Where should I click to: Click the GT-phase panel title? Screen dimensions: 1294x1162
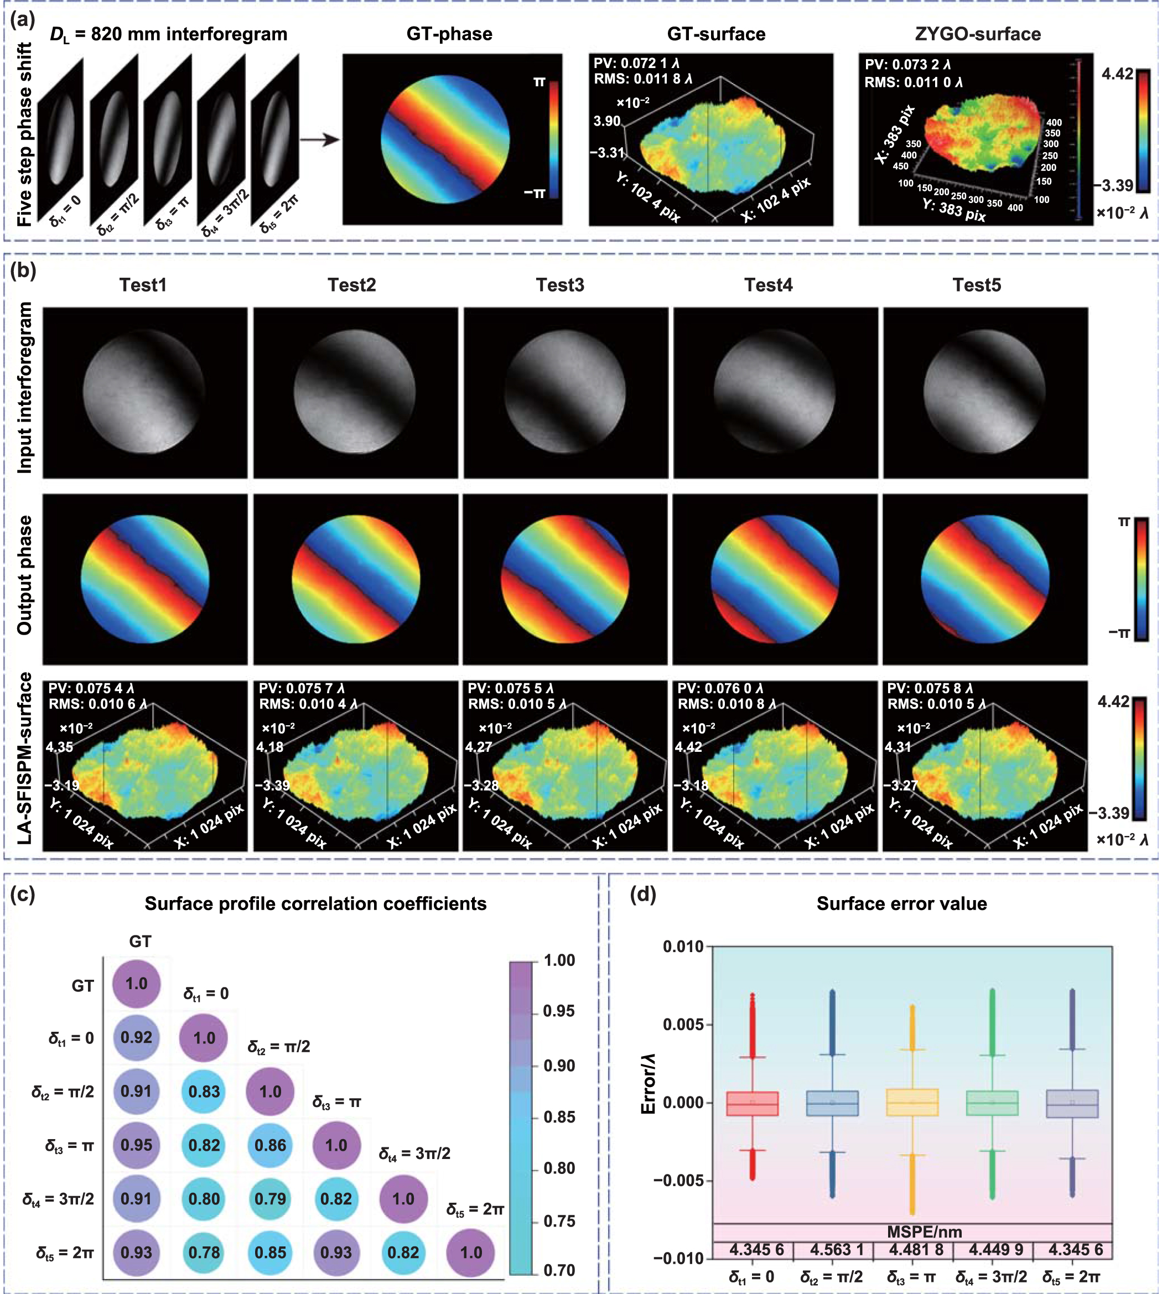coord(449,34)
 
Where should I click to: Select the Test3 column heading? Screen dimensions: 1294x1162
coord(559,285)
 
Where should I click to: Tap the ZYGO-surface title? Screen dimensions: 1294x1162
coord(978,34)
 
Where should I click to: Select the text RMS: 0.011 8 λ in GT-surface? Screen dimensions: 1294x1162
coord(643,79)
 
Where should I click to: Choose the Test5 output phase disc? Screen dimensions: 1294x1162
coord(984,578)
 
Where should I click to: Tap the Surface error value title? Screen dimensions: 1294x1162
coord(901,903)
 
